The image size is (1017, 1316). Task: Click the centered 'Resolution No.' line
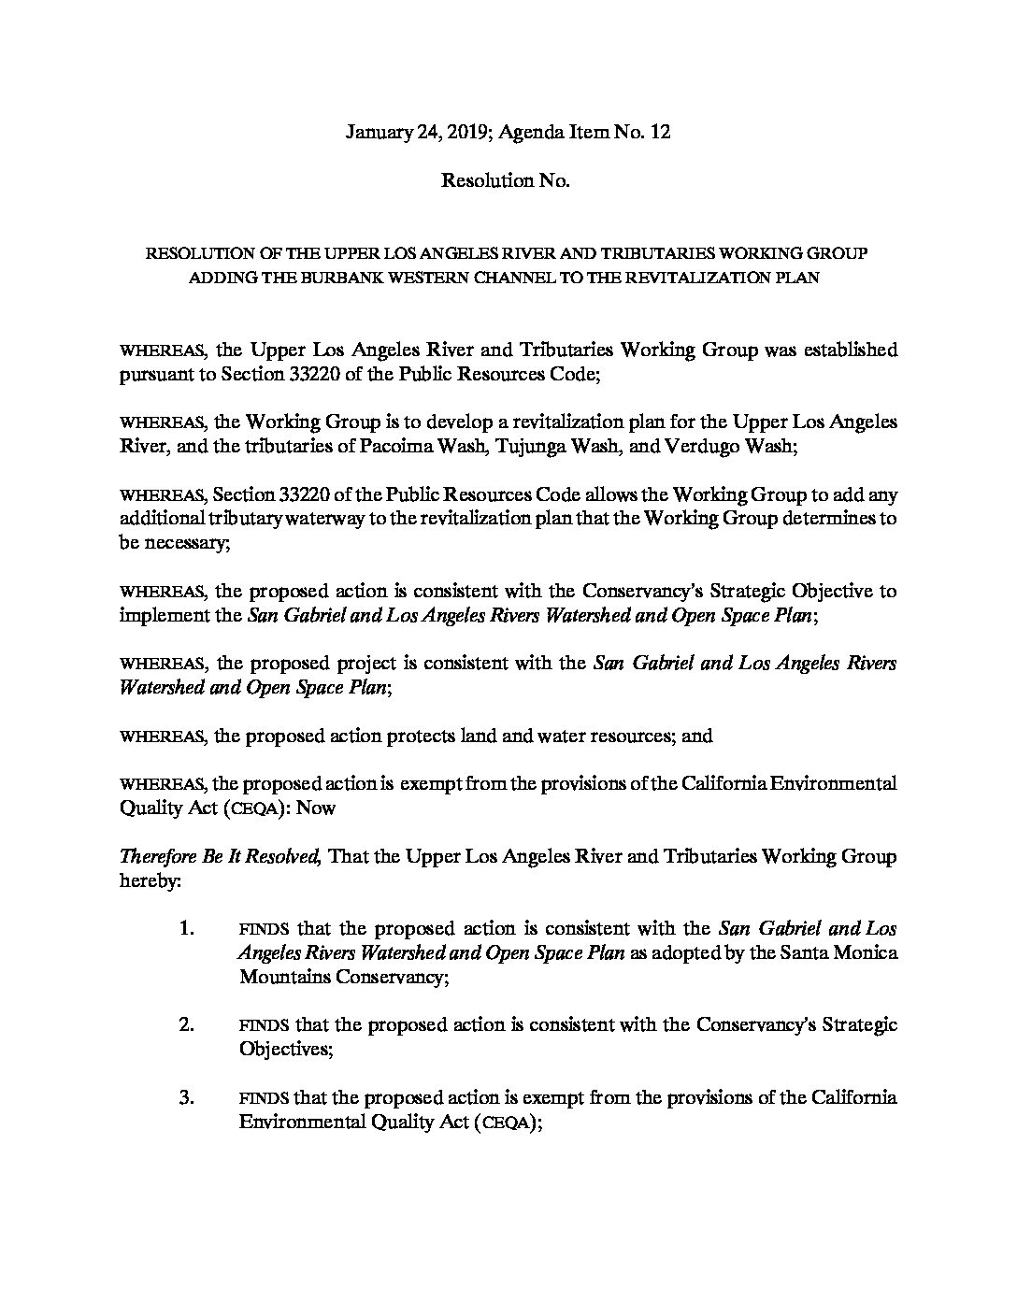pos(506,181)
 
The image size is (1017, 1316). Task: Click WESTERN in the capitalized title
pos(410,278)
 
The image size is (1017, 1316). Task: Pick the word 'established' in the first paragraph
pos(844,350)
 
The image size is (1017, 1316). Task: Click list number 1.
pos(187,929)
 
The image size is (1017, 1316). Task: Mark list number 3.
pos(187,1097)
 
